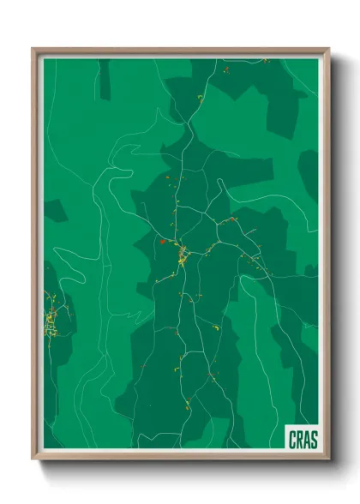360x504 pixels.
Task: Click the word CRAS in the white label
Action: [302, 441]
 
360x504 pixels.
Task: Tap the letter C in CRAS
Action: [292, 441]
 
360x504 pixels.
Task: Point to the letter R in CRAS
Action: [299, 441]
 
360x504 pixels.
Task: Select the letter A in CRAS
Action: [306, 441]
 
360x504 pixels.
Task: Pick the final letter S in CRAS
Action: [313, 441]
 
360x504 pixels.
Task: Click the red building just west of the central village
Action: [161, 243]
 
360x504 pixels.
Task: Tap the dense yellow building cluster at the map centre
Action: [182, 255]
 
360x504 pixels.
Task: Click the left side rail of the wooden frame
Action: [35, 257]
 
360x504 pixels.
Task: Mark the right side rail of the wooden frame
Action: [327, 257]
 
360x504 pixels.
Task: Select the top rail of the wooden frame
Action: [180, 51]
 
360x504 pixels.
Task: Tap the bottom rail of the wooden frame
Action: [180, 457]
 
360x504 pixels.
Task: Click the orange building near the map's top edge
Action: [225, 68]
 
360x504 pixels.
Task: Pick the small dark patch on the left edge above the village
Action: [54, 211]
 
